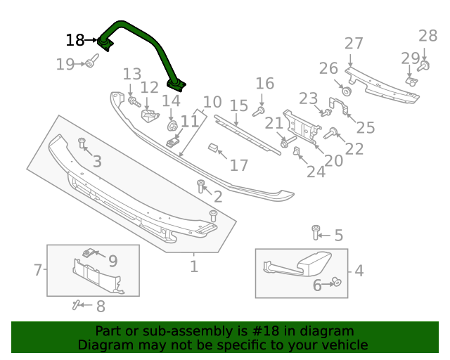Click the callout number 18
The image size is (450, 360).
pyautogui.click(x=75, y=40)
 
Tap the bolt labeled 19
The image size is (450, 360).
pyautogui.click(x=91, y=64)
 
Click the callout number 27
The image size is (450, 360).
pyautogui.click(x=354, y=44)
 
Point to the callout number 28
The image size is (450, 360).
pyautogui.click(x=427, y=36)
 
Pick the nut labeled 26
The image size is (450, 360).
pyautogui.click(x=347, y=91)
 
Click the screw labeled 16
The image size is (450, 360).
pyautogui.click(x=259, y=110)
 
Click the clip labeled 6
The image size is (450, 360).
pyautogui.click(x=336, y=283)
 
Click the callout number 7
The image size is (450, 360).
pyautogui.click(x=38, y=269)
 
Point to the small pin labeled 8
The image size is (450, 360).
pyautogui.click(x=76, y=304)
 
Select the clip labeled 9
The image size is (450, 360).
pyautogui.click(x=89, y=253)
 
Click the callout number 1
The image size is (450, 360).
pyautogui.click(x=193, y=266)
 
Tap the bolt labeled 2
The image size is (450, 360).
pyautogui.click(x=201, y=186)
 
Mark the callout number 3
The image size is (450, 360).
pyautogui.click(x=97, y=162)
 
